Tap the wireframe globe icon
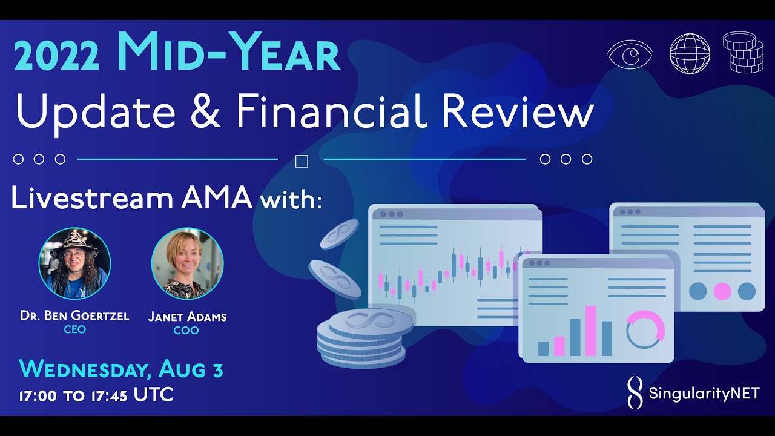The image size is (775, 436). pos(690,54)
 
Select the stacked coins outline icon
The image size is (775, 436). pos(743,53)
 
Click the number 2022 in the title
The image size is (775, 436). pos(56,58)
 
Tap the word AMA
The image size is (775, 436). pos(216,199)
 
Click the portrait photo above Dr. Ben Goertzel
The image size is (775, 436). pos(74,263)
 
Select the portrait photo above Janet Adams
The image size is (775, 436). pos(187,263)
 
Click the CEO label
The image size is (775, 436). pos(74,329)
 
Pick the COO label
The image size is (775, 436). pos(186,331)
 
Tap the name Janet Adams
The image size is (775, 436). pos(187,317)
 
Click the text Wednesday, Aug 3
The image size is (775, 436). pos(121,369)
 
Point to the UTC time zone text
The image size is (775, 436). pos(153,395)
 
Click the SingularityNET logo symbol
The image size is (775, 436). pos(634,392)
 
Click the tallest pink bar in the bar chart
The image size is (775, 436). pos(590,331)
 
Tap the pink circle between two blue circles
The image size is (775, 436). pos(722,291)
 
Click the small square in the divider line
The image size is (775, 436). pos(301,161)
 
